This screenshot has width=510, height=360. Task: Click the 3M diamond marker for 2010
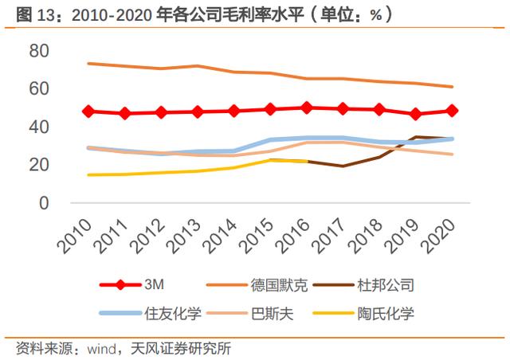88,112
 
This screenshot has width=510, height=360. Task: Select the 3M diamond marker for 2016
306,108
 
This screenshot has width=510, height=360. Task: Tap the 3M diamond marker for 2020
452,111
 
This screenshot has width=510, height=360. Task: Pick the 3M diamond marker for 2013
198,112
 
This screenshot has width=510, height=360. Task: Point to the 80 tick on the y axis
39,51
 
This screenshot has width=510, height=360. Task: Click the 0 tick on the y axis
44,203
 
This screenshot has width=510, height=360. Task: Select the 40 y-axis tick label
39,127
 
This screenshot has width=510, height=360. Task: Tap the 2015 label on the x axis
257,236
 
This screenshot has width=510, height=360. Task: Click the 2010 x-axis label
75,236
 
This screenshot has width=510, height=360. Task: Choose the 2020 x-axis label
438,236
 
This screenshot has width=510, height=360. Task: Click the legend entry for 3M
132,285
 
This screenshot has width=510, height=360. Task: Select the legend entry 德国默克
257,285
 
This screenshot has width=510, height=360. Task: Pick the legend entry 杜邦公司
363,285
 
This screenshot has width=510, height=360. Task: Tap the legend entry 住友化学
151,314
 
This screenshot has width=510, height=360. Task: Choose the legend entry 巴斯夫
249,314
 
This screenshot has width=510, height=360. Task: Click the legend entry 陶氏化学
363,314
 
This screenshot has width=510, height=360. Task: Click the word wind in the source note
101,349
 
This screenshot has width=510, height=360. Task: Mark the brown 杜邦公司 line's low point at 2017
343,166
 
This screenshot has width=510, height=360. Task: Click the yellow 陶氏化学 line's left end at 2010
88,175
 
